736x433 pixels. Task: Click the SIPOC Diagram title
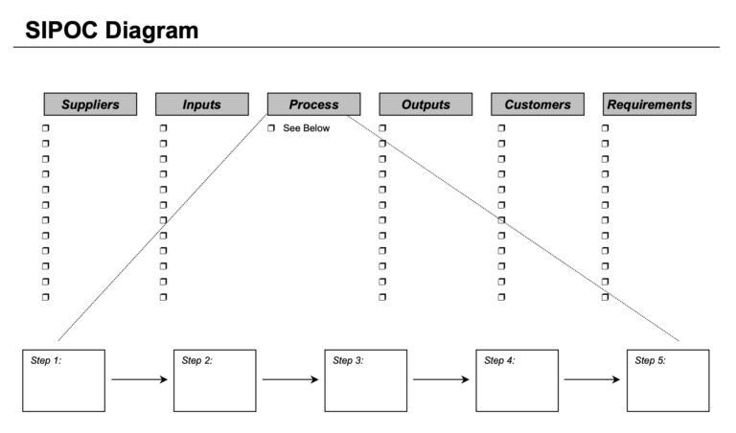click(112, 31)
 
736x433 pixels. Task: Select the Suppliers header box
click(90, 104)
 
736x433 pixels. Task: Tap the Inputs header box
click(202, 104)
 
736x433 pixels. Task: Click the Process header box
click(313, 104)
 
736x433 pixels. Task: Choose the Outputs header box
click(425, 104)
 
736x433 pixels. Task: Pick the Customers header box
click(538, 104)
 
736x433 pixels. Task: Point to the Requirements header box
click(649, 104)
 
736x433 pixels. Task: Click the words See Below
click(306, 128)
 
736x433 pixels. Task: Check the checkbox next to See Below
click(271, 128)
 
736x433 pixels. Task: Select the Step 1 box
click(63, 380)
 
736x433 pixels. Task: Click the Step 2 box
click(215, 380)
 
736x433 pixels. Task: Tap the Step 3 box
click(366, 380)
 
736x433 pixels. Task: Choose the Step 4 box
click(517, 380)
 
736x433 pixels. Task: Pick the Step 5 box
click(668, 380)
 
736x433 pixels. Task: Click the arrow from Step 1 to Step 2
click(139, 380)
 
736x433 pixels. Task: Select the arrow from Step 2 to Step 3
click(290, 380)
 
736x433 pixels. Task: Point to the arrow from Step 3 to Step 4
click(441, 380)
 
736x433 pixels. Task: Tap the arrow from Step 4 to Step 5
click(592, 380)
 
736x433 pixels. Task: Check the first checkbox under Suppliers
click(45, 128)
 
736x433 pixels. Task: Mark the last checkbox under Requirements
click(605, 297)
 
